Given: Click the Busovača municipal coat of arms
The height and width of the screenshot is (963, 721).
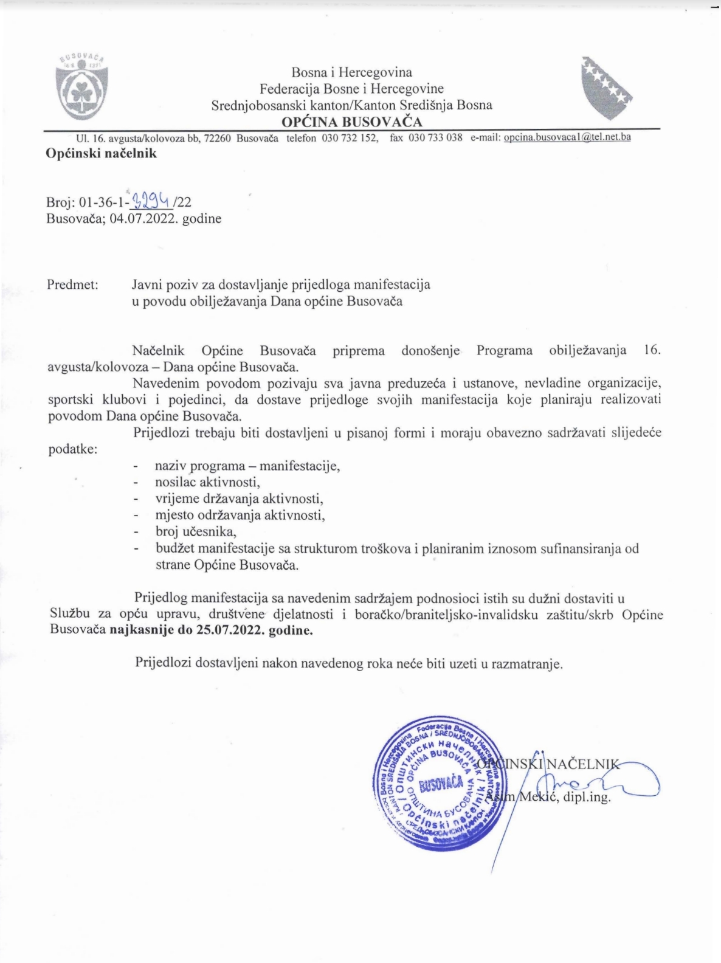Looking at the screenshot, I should coord(82,87).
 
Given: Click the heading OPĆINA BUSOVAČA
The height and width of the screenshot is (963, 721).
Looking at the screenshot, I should coord(351,122).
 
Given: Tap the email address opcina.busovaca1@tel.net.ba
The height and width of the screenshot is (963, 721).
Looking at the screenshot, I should coord(567,137).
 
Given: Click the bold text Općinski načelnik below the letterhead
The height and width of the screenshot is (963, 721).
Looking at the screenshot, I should coord(101,153).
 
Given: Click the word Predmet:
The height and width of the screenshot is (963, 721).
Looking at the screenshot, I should coord(72,284).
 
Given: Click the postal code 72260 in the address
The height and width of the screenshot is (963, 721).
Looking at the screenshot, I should coord(217,138).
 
